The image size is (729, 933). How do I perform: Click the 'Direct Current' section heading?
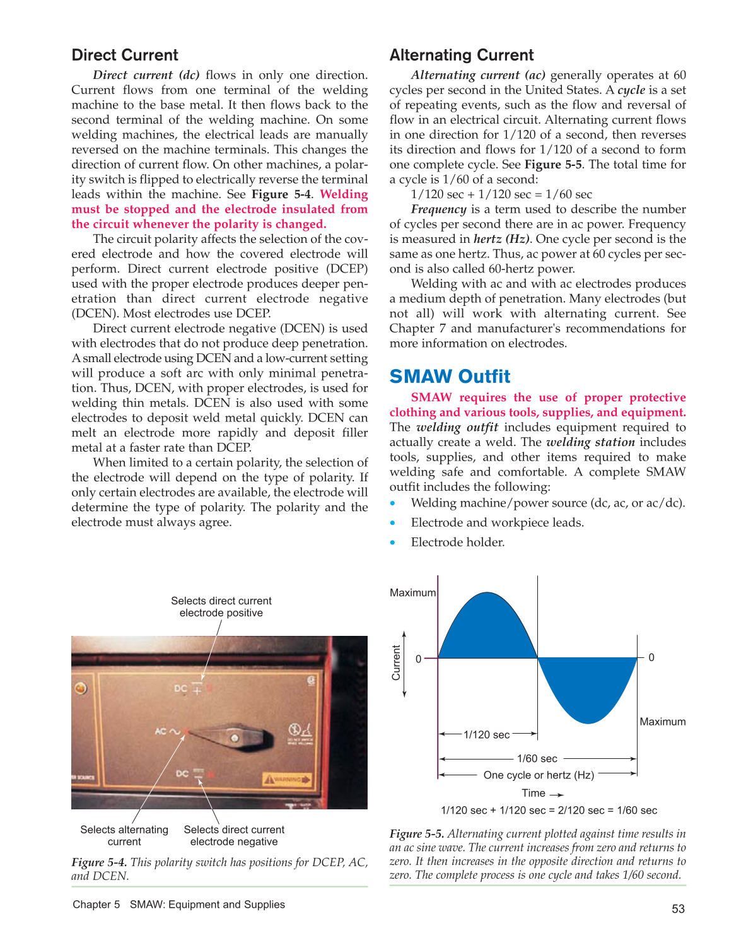point(125,55)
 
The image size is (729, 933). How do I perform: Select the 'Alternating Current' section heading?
point(462,55)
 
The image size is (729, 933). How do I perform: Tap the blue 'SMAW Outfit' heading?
point(450,377)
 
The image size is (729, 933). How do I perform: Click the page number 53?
point(678,909)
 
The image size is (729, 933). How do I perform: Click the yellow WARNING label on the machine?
point(287,780)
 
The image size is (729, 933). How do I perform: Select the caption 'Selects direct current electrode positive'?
point(221,607)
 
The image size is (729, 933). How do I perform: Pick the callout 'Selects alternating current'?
point(124,836)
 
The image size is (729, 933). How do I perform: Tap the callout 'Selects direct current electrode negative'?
point(234,836)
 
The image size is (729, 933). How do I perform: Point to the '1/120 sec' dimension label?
point(486,735)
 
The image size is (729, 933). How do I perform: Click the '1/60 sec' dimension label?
point(537,759)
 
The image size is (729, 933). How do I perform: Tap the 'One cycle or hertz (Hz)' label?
point(539,775)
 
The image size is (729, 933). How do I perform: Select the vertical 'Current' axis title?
point(396,662)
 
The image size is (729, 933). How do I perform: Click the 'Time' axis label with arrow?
point(541,794)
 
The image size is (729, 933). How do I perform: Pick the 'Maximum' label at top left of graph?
point(412,593)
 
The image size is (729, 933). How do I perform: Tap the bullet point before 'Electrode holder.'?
point(393,543)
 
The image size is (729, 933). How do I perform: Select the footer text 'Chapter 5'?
point(96,905)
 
